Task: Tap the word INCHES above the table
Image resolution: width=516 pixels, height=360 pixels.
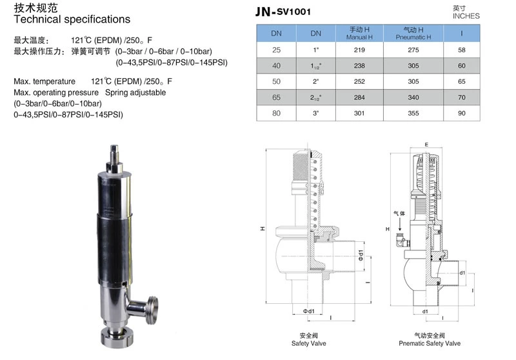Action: pyautogui.click(x=466, y=16)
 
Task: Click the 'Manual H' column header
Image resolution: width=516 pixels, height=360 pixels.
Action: pyautogui.click(x=359, y=34)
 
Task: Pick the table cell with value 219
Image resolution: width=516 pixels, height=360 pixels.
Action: pyautogui.click(x=359, y=49)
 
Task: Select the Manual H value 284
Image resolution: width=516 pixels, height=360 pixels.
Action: pyautogui.click(x=359, y=97)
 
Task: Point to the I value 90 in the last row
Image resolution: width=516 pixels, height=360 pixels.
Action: pyautogui.click(x=462, y=114)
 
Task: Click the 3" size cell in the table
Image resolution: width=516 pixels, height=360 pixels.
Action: pyautogui.click(x=316, y=114)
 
